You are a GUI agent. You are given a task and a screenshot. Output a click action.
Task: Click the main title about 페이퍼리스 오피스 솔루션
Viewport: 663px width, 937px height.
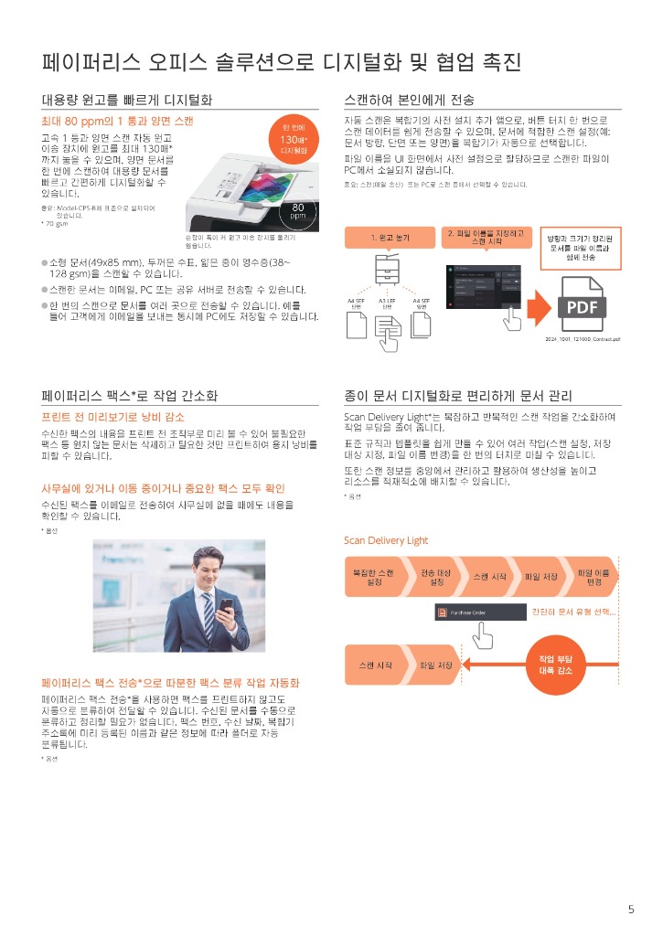282,62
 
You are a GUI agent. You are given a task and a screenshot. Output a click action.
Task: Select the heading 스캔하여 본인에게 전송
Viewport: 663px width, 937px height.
409,99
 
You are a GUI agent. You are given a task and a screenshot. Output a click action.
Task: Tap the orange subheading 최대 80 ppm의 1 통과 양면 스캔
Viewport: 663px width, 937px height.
117,121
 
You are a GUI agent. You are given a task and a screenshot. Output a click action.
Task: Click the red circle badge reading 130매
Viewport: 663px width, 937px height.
294,138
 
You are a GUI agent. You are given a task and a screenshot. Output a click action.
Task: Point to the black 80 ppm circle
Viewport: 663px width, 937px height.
297,211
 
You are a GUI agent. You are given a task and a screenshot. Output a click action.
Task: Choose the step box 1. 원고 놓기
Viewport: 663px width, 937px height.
390,238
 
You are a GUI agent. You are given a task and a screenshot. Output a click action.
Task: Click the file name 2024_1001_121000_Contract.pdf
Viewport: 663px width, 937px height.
583,339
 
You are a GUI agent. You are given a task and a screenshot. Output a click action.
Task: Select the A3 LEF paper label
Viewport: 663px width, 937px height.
387,303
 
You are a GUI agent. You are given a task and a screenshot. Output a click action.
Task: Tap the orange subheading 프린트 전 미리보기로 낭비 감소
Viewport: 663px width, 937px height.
112,417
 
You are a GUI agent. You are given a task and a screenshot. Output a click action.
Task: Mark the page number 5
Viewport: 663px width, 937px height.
630,909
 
